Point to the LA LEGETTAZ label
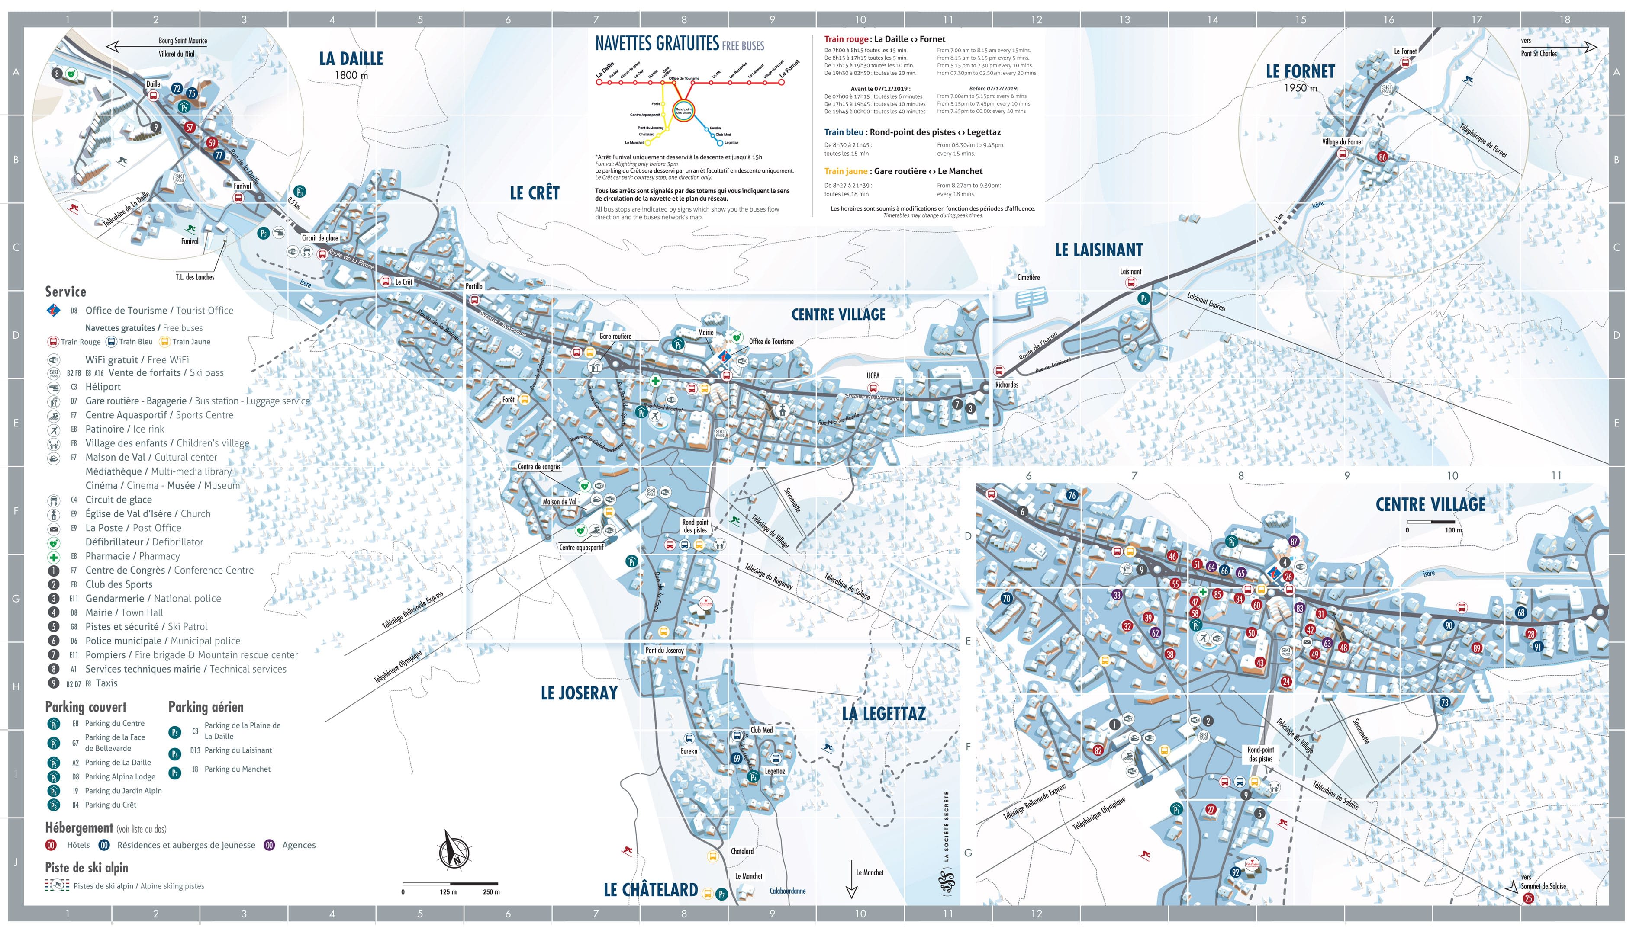(x=883, y=713)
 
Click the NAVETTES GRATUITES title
(x=657, y=44)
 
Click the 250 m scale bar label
(x=491, y=892)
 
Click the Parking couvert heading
(x=85, y=707)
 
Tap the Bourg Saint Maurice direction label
(x=183, y=40)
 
